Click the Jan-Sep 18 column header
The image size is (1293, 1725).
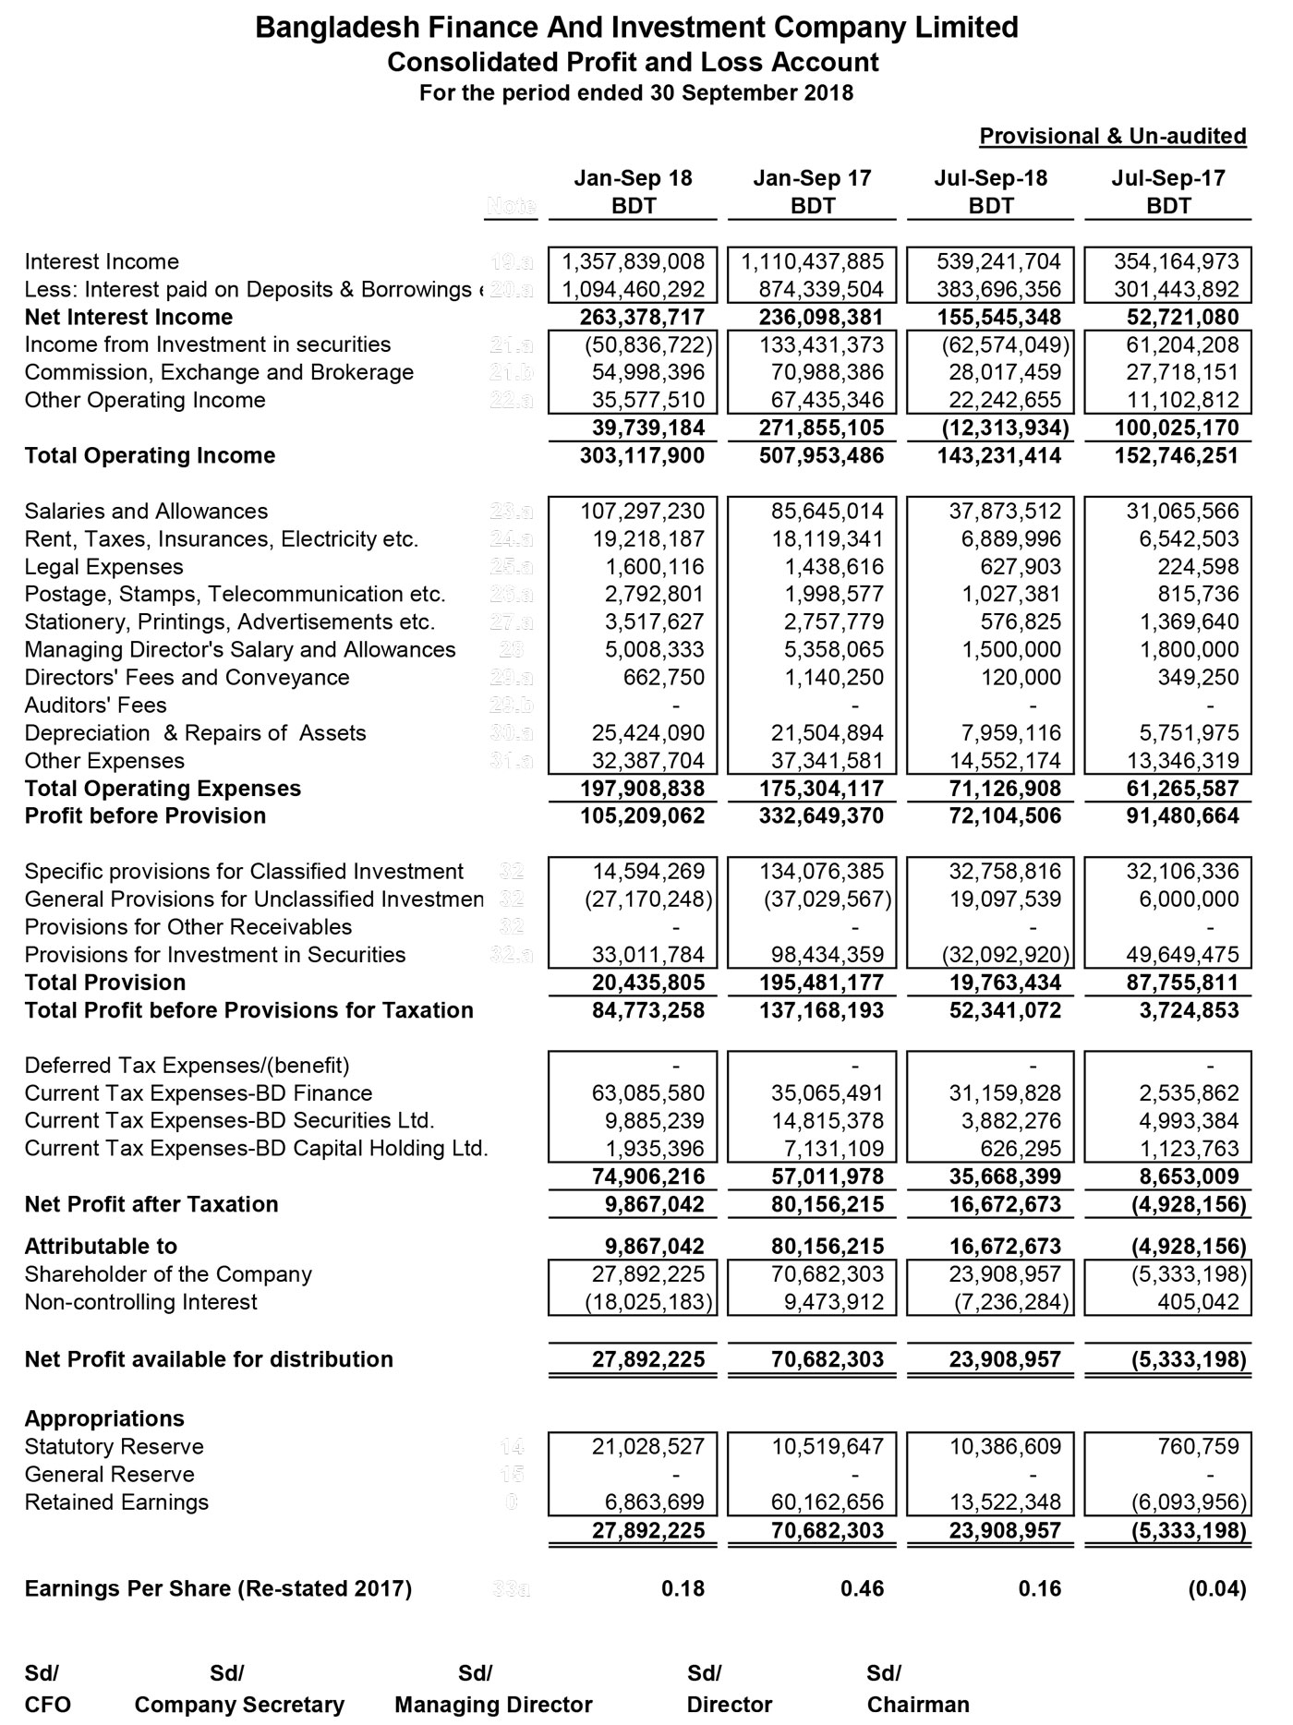pyautogui.click(x=633, y=178)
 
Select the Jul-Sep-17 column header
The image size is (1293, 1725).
pyautogui.click(x=1168, y=178)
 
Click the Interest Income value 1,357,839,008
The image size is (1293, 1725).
pyautogui.click(x=634, y=261)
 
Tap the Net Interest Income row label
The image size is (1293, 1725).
pyautogui.click(x=128, y=317)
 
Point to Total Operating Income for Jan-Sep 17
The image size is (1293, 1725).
pyautogui.click(x=814, y=455)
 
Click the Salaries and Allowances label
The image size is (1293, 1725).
pyautogui.click(x=146, y=511)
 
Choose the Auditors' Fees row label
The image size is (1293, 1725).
pyautogui.click(x=95, y=705)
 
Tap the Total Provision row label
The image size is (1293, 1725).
pyautogui.click(x=104, y=982)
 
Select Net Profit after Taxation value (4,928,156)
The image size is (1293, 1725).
pyautogui.click(x=1189, y=1204)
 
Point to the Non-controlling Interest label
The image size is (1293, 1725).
pyautogui.click(x=140, y=1302)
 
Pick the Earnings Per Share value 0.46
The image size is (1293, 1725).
pyautogui.click(x=863, y=1588)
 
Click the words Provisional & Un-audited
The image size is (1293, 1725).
pyautogui.click(x=1112, y=136)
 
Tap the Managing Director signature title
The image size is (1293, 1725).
pyautogui.click(x=493, y=1704)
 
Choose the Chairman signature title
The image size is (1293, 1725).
pyautogui.click(x=918, y=1704)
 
